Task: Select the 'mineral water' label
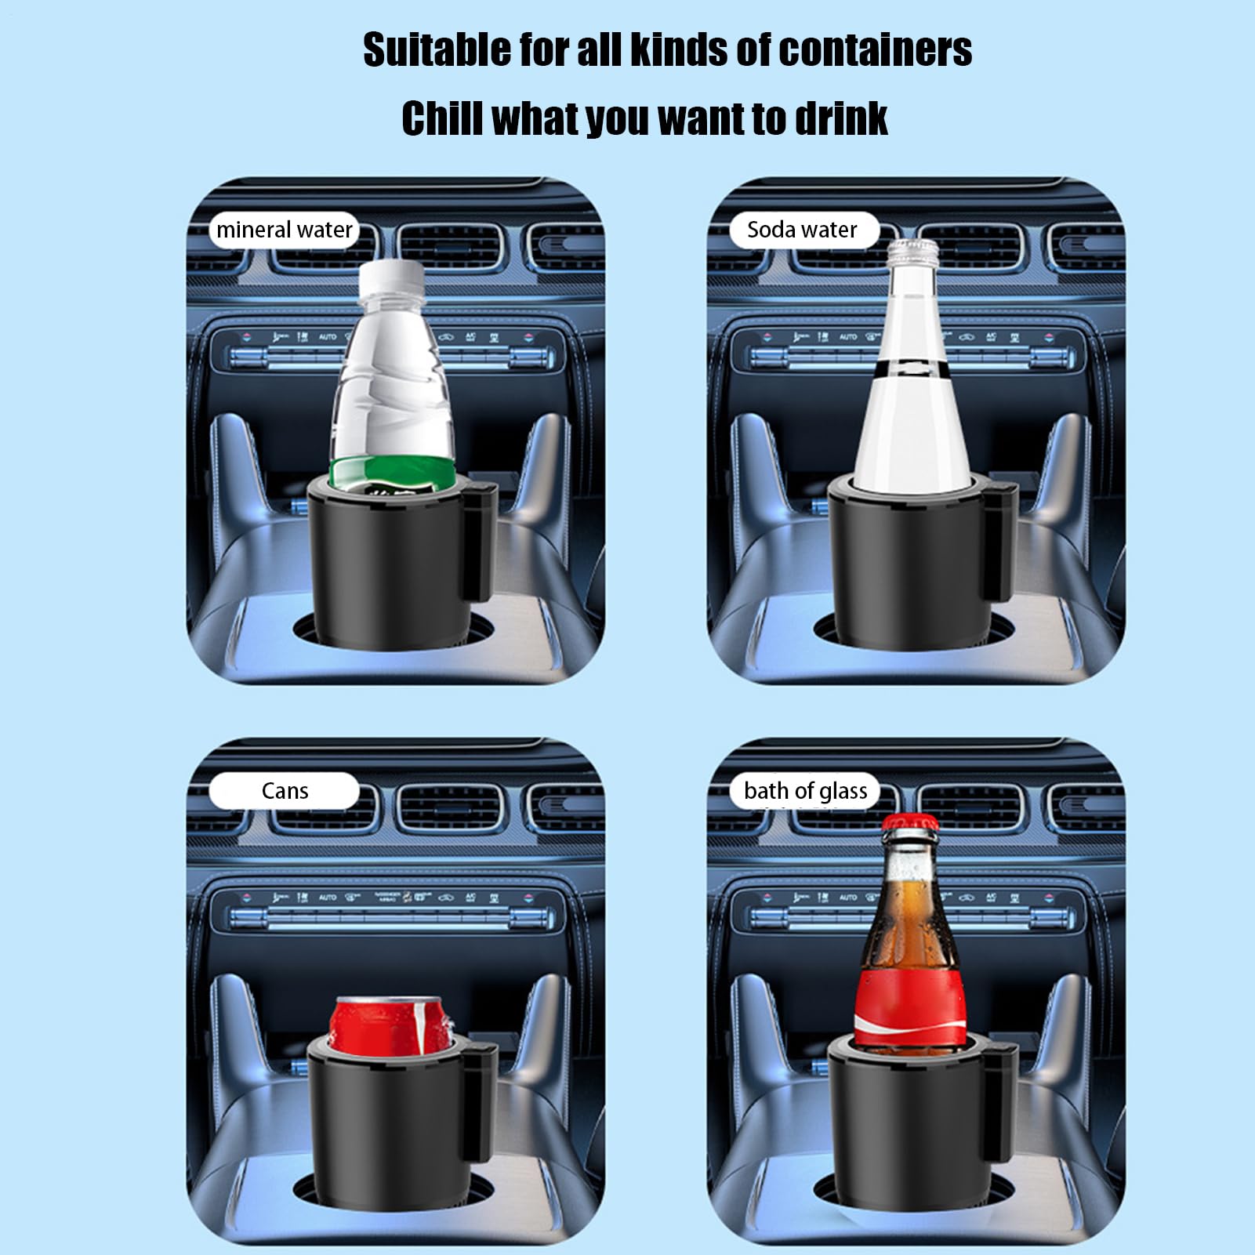click(284, 230)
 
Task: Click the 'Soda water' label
click(802, 230)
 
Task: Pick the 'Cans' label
click(285, 791)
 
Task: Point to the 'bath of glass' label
click(805, 791)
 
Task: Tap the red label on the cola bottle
click(910, 1008)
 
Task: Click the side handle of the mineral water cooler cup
click(481, 541)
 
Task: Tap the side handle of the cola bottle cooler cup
click(1001, 1105)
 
